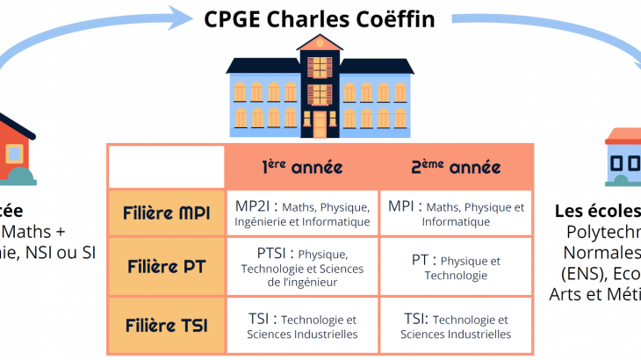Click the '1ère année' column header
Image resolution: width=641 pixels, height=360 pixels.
[x=301, y=167]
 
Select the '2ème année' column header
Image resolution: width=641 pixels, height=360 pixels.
[x=455, y=167]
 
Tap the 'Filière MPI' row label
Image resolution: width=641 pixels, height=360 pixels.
[x=166, y=213]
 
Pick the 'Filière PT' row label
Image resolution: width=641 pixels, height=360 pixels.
[x=166, y=266]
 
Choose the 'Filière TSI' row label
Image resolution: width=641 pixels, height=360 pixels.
[x=166, y=326]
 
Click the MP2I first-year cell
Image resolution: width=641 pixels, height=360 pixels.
[x=301, y=213]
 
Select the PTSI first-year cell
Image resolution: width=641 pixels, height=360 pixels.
[x=301, y=266]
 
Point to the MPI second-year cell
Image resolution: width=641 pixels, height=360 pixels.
[x=455, y=213]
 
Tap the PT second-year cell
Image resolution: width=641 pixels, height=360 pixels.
[x=455, y=266]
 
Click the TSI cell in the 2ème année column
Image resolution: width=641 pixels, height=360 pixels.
[x=455, y=326]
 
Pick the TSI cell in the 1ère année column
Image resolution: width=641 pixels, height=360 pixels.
[x=301, y=326]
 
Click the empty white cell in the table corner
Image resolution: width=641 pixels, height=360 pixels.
[x=166, y=167]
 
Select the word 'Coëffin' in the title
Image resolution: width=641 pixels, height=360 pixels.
[x=395, y=18]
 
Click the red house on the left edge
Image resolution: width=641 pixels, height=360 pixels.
[x=16, y=149]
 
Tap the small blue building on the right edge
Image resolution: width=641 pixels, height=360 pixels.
[x=624, y=158]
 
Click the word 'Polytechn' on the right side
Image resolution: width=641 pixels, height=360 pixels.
[x=605, y=232]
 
